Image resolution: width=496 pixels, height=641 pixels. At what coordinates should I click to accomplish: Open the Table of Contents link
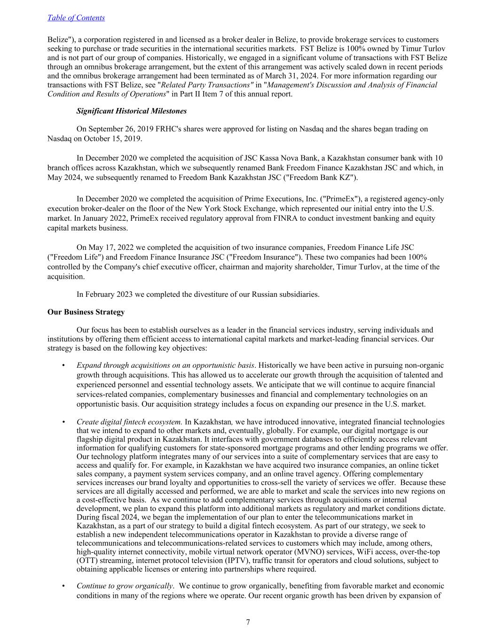pos(76,18)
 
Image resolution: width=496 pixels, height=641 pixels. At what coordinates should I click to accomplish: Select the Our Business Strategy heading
pos(86,312)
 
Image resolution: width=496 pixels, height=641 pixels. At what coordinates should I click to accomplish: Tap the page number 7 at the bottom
pos(248,622)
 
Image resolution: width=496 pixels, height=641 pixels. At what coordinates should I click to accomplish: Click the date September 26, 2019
pos(117,129)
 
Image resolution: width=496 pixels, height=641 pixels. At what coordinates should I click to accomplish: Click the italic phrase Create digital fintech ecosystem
pos(129,422)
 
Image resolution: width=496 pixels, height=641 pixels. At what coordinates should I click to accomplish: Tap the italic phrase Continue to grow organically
pos(125,586)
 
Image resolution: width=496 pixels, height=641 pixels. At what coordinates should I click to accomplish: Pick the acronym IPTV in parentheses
pos(240,560)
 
